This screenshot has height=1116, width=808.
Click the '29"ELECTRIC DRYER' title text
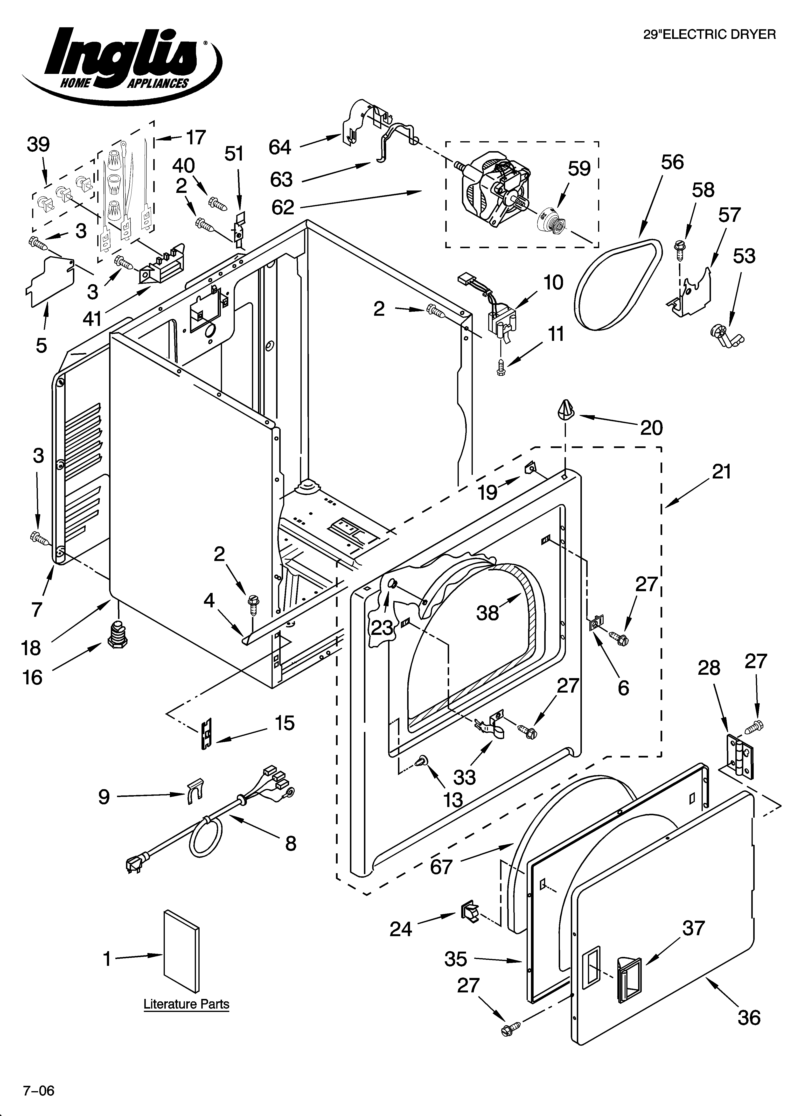click(x=710, y=35)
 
